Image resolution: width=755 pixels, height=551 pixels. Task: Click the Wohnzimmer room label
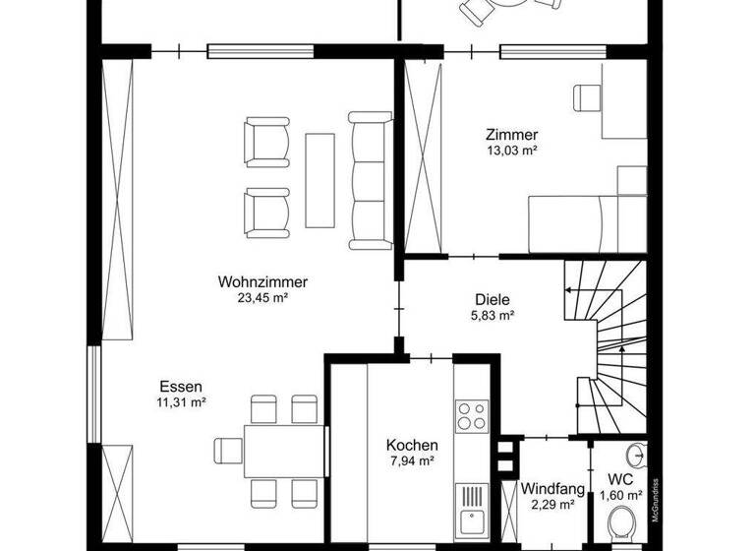click(x=262, y=281)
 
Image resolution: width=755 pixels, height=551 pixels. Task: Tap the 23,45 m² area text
click(x=262, y=296)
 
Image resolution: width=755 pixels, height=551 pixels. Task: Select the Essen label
click(x=181, y=387)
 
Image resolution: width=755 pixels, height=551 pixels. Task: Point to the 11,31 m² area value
click(x=181, y=401)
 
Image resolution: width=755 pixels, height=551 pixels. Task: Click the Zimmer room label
click(x=511, y=135)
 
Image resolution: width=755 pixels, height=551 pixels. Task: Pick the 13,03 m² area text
click(x=511, y=151)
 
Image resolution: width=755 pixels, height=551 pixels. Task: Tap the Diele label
click(x=493, y=301)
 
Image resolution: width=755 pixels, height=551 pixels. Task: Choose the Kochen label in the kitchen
click(x=412, y=445)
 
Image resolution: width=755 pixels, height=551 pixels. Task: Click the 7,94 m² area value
click(x=412, y=460)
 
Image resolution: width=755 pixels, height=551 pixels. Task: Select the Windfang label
click(x=553, y=488)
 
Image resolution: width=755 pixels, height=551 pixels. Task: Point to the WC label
click(x=620, y=479)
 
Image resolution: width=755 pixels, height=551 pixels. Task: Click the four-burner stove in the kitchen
click(x=471, y=416)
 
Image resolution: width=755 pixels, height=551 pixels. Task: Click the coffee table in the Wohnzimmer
click(x=319, y=179)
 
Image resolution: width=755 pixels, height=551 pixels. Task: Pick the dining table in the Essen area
click(x=283, y=450)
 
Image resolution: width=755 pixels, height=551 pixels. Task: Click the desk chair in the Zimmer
click(x=586, y=96)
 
